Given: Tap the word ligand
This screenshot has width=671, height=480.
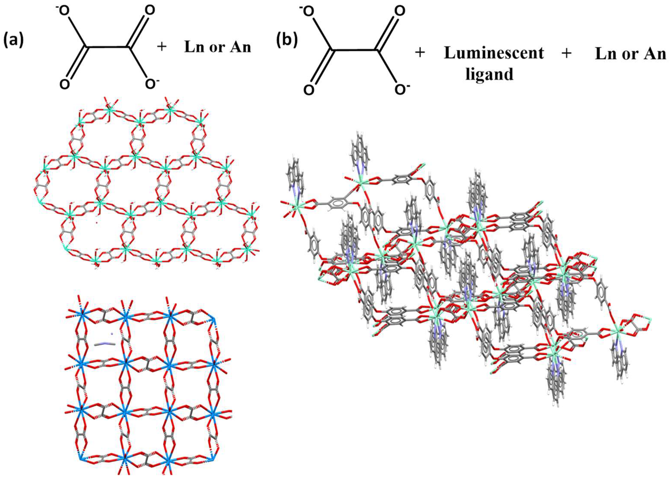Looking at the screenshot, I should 489,74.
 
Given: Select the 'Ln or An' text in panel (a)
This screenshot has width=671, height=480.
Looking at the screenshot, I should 217,47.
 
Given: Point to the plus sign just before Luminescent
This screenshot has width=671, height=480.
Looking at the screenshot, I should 420,54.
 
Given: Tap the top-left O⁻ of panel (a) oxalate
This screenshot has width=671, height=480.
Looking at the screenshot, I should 64,11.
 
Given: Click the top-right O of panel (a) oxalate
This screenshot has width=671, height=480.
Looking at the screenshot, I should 150,11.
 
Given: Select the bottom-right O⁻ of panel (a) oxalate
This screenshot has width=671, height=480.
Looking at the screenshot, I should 151,84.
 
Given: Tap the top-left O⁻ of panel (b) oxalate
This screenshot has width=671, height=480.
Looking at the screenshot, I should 308,12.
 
